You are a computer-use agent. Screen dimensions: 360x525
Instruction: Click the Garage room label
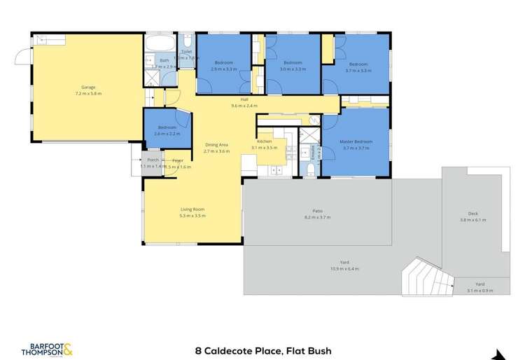tap(88, 88)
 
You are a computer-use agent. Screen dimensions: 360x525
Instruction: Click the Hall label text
tap(244, 100)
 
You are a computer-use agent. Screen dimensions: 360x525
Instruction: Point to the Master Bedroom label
tap(358, 142)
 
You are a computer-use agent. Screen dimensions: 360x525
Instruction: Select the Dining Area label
tap(216, 146)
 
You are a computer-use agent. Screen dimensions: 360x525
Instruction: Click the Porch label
tap(152, 160)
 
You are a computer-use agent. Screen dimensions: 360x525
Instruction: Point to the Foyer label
tap(178, 160)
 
